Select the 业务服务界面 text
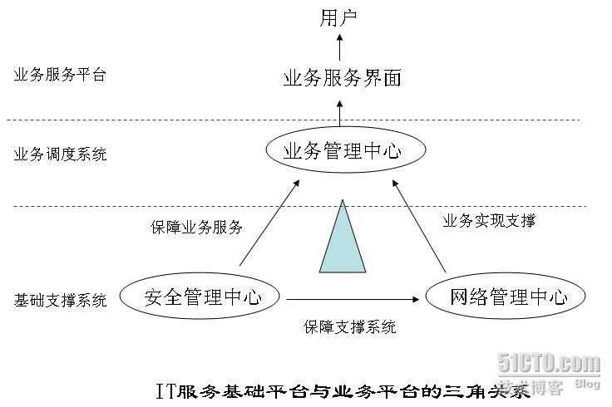342,79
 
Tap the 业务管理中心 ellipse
345,151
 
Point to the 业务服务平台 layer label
60,75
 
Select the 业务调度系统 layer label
60,154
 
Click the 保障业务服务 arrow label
197,226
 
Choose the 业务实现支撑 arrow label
489,221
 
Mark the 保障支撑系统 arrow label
349,327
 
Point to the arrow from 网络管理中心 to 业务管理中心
420,226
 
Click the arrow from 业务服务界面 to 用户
340,47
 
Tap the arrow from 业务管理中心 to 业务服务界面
340,111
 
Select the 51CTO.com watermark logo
548,363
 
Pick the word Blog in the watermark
587,384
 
